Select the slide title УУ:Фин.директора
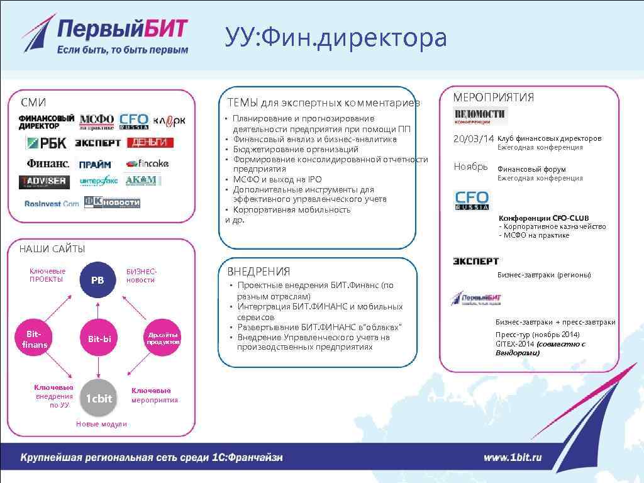336,38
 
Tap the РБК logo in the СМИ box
47,143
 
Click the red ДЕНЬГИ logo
150,143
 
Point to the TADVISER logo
44,181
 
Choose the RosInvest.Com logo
52,204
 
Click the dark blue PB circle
97,280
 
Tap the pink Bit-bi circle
99,339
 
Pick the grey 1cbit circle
99,398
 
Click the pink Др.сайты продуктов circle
163,338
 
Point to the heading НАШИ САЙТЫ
52,249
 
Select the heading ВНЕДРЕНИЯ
258,272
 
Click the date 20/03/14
474,138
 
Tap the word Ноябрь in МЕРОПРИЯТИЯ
471,167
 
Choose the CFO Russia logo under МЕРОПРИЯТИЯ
472,201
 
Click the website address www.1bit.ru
513,457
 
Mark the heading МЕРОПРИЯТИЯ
494,97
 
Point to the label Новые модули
101,424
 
